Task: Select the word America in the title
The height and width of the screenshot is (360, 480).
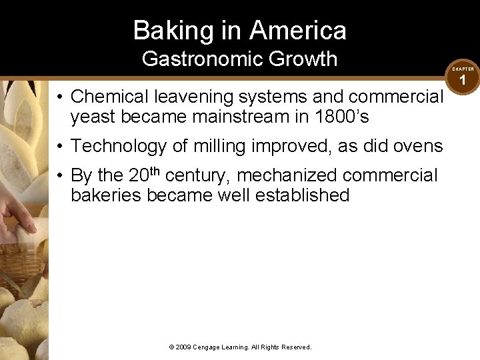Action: tap(299, 31)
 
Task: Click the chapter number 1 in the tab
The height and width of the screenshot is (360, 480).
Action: tap(463, 81)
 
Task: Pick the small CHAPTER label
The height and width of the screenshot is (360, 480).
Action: tap(463, 69)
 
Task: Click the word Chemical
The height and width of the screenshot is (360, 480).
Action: tap(109, 97)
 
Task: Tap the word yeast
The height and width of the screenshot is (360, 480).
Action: tap(93, 117)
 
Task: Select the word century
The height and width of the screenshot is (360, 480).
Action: tap(197, 175)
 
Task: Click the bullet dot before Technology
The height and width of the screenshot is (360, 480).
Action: tap(60, 146)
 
